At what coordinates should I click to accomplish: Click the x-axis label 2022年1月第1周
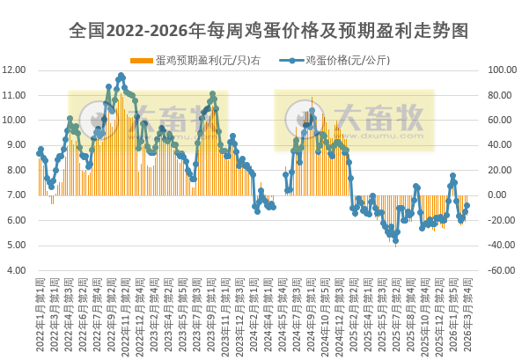coord(40,313)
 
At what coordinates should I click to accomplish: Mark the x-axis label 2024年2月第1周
coord(255,313)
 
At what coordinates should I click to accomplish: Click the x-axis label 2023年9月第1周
coord(212,313)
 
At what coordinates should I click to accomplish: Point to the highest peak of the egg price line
coord(121,76)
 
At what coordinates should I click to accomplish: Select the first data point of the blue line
coord(39,152)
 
